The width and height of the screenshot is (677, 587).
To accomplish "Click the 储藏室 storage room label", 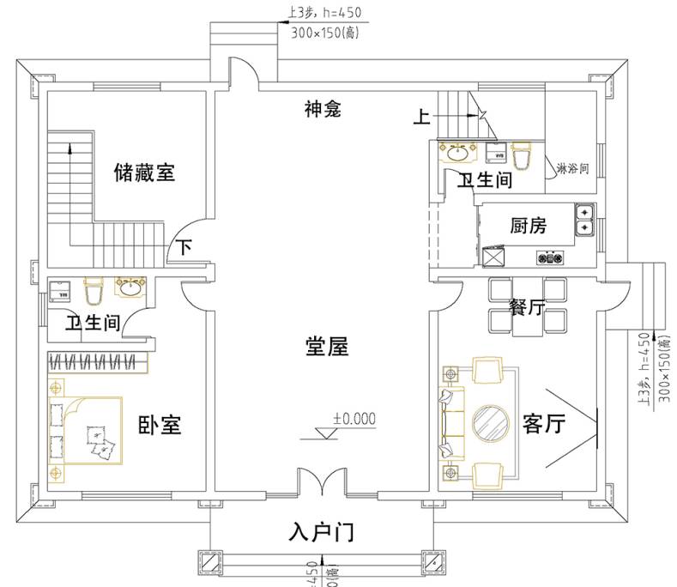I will pyautogui.click(x=144, y=172).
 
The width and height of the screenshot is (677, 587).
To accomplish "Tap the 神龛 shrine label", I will pyautogui.click(x=323, y=109).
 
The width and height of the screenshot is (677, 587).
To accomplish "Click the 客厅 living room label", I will pyautogui.click(x=543, y=424).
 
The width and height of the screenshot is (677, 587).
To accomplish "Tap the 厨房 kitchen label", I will pyautogui.click(x=528, y=227).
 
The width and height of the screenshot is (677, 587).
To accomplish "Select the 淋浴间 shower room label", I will pyautogui.click(x=572, y=167).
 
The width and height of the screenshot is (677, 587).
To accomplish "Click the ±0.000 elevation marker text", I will pyautogui.click(x=354, y=420).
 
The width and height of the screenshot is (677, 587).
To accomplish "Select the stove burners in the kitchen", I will pyautogui.click(x=549, y=257).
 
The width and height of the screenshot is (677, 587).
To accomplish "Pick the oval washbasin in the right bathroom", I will pyautogui.click(x=457, y=153).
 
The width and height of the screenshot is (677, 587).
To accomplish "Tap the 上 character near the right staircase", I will pyautogui.click(x=421, y=118).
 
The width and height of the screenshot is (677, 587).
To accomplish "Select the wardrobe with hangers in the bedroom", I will pyautogui.click(x=98, y=361).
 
